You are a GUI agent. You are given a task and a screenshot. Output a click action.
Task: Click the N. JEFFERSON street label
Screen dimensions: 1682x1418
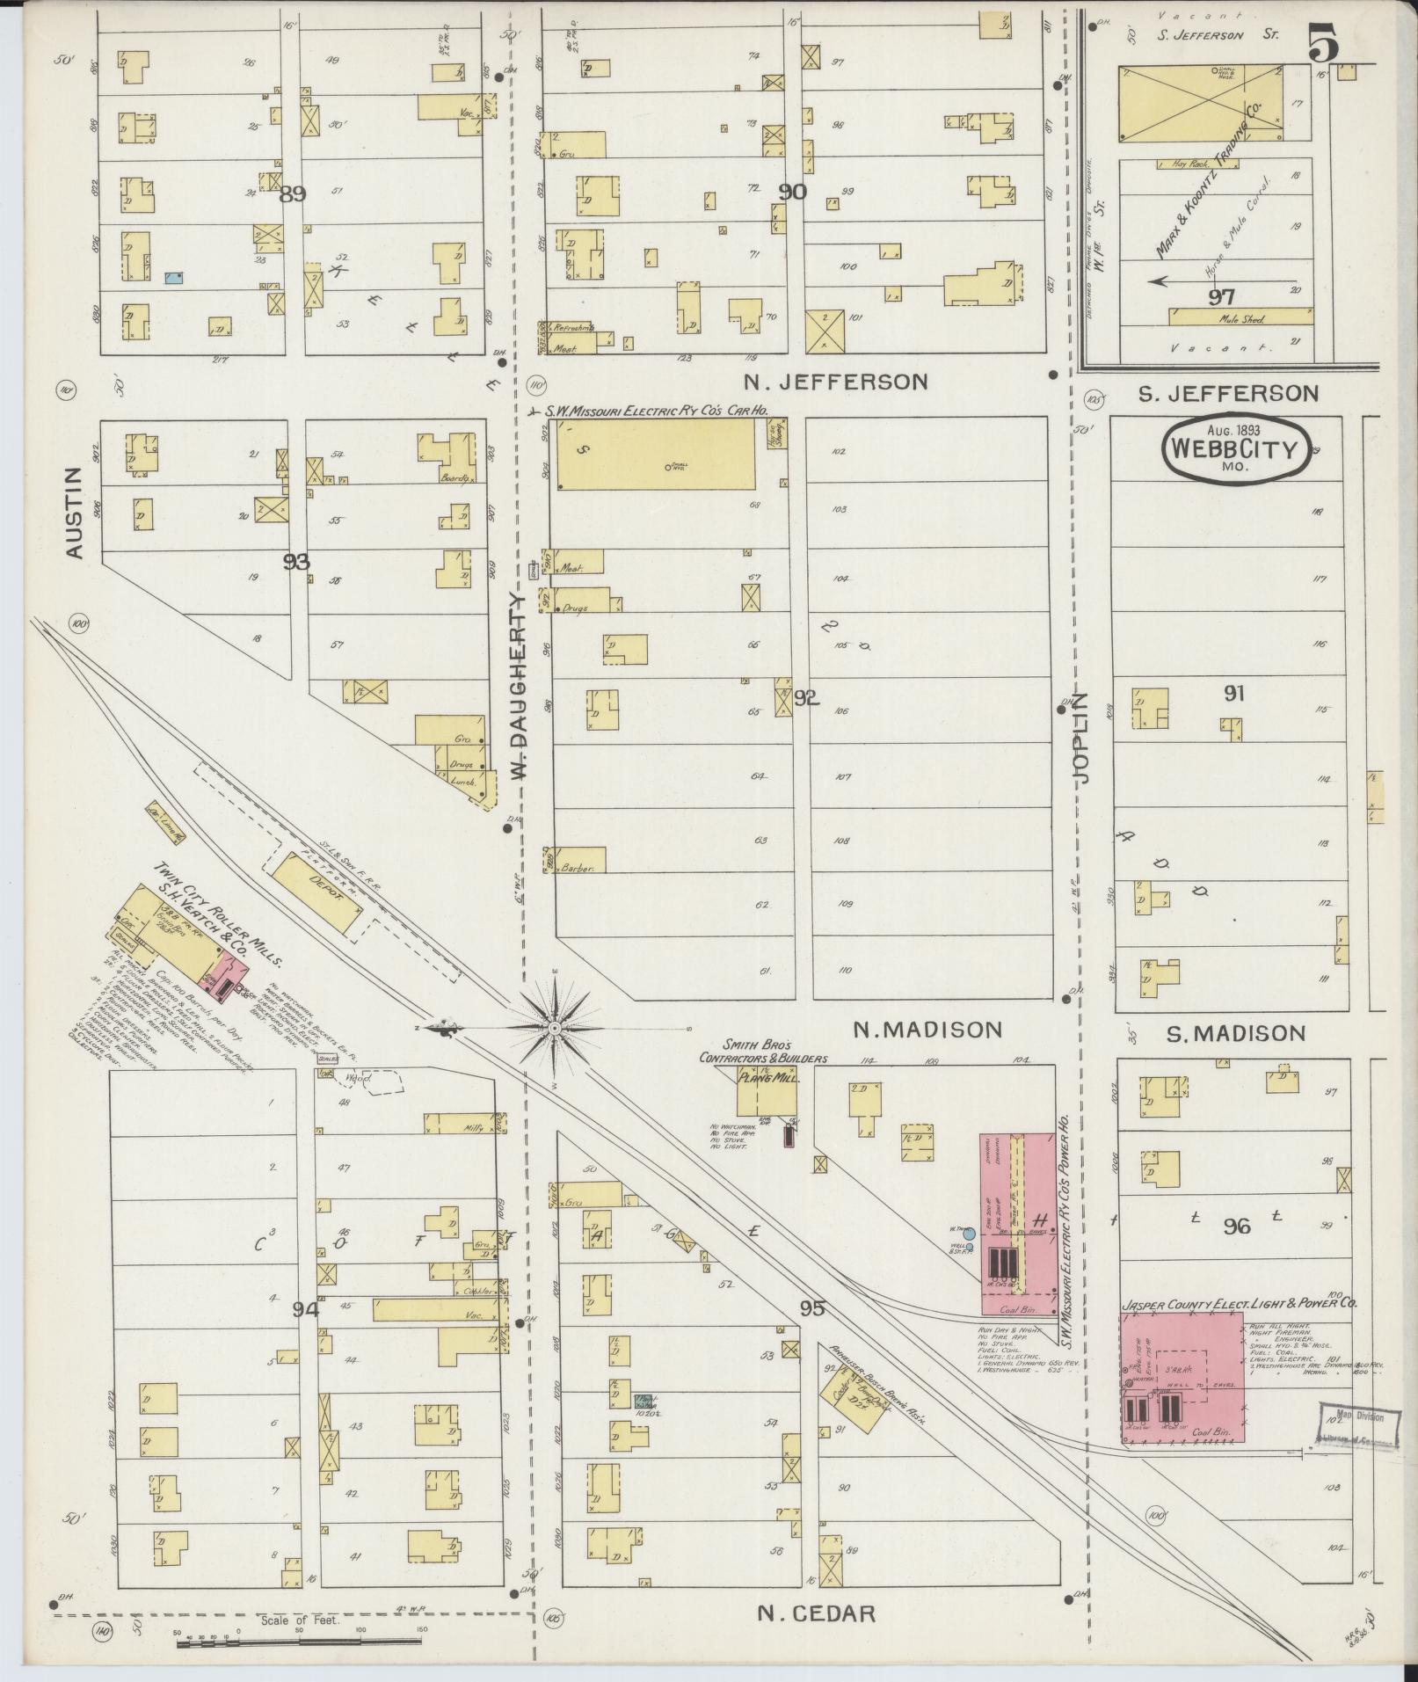tap(835, 382)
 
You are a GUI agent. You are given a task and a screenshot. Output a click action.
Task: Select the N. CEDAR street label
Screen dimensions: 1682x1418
tap(817, 1613)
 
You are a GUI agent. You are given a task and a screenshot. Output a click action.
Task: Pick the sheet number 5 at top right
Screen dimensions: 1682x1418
tap(1324, 44)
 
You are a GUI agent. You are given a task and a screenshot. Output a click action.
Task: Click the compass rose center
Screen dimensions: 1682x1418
tap(555, 1027)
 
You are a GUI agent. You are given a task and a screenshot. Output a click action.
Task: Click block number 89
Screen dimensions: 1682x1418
tap(292, 194)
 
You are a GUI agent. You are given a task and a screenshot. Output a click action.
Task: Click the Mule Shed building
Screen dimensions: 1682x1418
tap(1240, 318)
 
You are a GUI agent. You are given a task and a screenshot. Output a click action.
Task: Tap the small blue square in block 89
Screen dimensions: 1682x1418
tap(174, 278)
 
